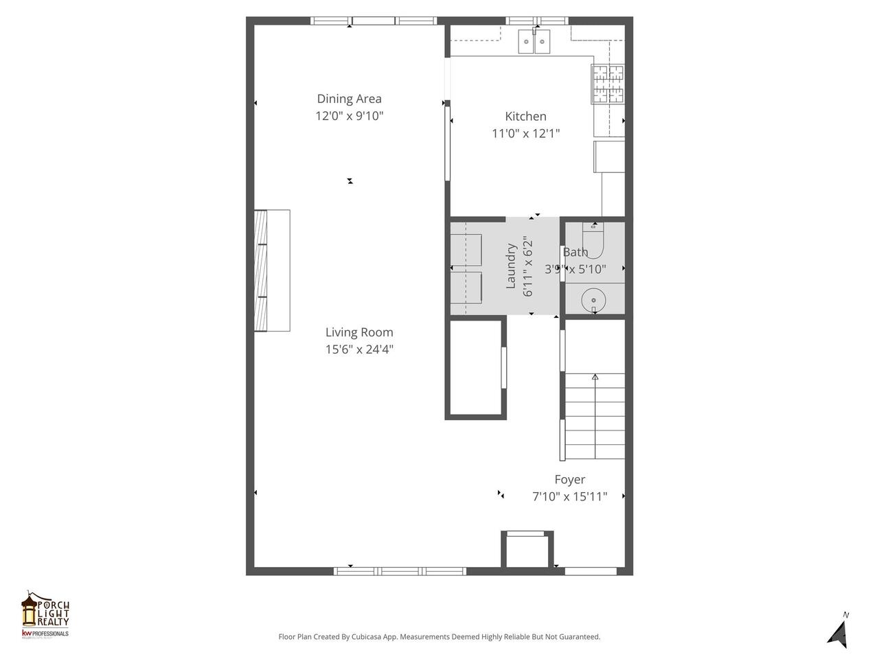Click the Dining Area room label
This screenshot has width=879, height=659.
tap(349, 99)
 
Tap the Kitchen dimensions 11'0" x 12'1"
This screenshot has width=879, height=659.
tap(525, 134)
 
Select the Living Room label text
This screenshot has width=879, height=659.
tap(359, 332)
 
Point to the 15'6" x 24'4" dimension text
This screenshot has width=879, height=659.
tap(359, 349)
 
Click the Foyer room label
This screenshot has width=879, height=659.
tap(569, 480)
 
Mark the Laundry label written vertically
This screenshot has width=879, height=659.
tap(511, 266)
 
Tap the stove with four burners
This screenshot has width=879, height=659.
tap(608, 84)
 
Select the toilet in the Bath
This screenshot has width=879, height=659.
tap(592, 240)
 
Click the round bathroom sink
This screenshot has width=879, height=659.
tap(592, 300)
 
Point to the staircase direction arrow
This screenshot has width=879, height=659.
tap(595, 377)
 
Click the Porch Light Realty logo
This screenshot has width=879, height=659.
tap(45, 614)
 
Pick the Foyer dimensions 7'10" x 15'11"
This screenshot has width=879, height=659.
tap(569, 496)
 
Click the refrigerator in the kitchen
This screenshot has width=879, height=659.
tap(609, 157)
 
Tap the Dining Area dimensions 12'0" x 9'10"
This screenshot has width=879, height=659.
tap(349, 116)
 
